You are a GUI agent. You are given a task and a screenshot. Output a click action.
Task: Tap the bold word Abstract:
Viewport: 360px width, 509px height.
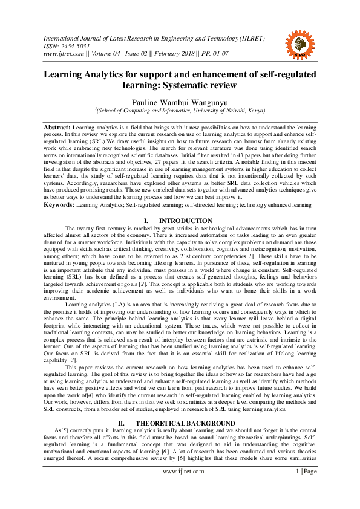tap(56, 128)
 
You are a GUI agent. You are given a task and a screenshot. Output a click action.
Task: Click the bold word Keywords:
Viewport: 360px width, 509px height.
tap(58, 206)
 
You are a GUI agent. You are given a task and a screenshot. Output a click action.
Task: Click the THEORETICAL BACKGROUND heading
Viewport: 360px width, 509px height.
tap(185, 406)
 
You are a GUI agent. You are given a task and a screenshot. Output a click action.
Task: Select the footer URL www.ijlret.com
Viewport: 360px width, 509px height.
tap(180, 487)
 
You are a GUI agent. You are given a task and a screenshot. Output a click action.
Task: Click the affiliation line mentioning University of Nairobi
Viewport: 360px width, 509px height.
tap(180, 112)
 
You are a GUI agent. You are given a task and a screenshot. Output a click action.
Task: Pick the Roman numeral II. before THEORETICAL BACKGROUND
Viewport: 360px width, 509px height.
tap(121, 406)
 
